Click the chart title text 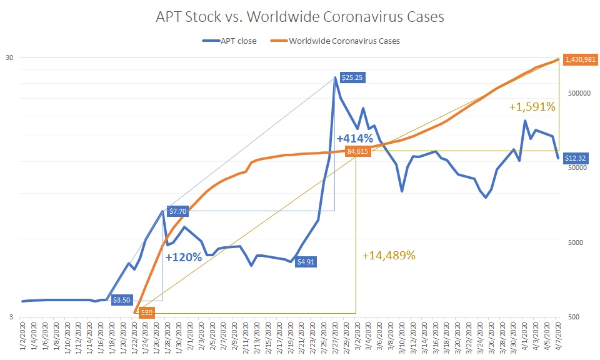point(300,17)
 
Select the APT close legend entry point(229,41)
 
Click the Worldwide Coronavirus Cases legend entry point(342,41)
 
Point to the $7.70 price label point(178,211)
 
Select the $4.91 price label point(307,262)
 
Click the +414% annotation point(355,138)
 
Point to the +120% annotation point(184,256)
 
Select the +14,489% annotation point(389,255)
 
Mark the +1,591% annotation point(532,107)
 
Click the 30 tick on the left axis point(9,58)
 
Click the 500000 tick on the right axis point(577,92)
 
